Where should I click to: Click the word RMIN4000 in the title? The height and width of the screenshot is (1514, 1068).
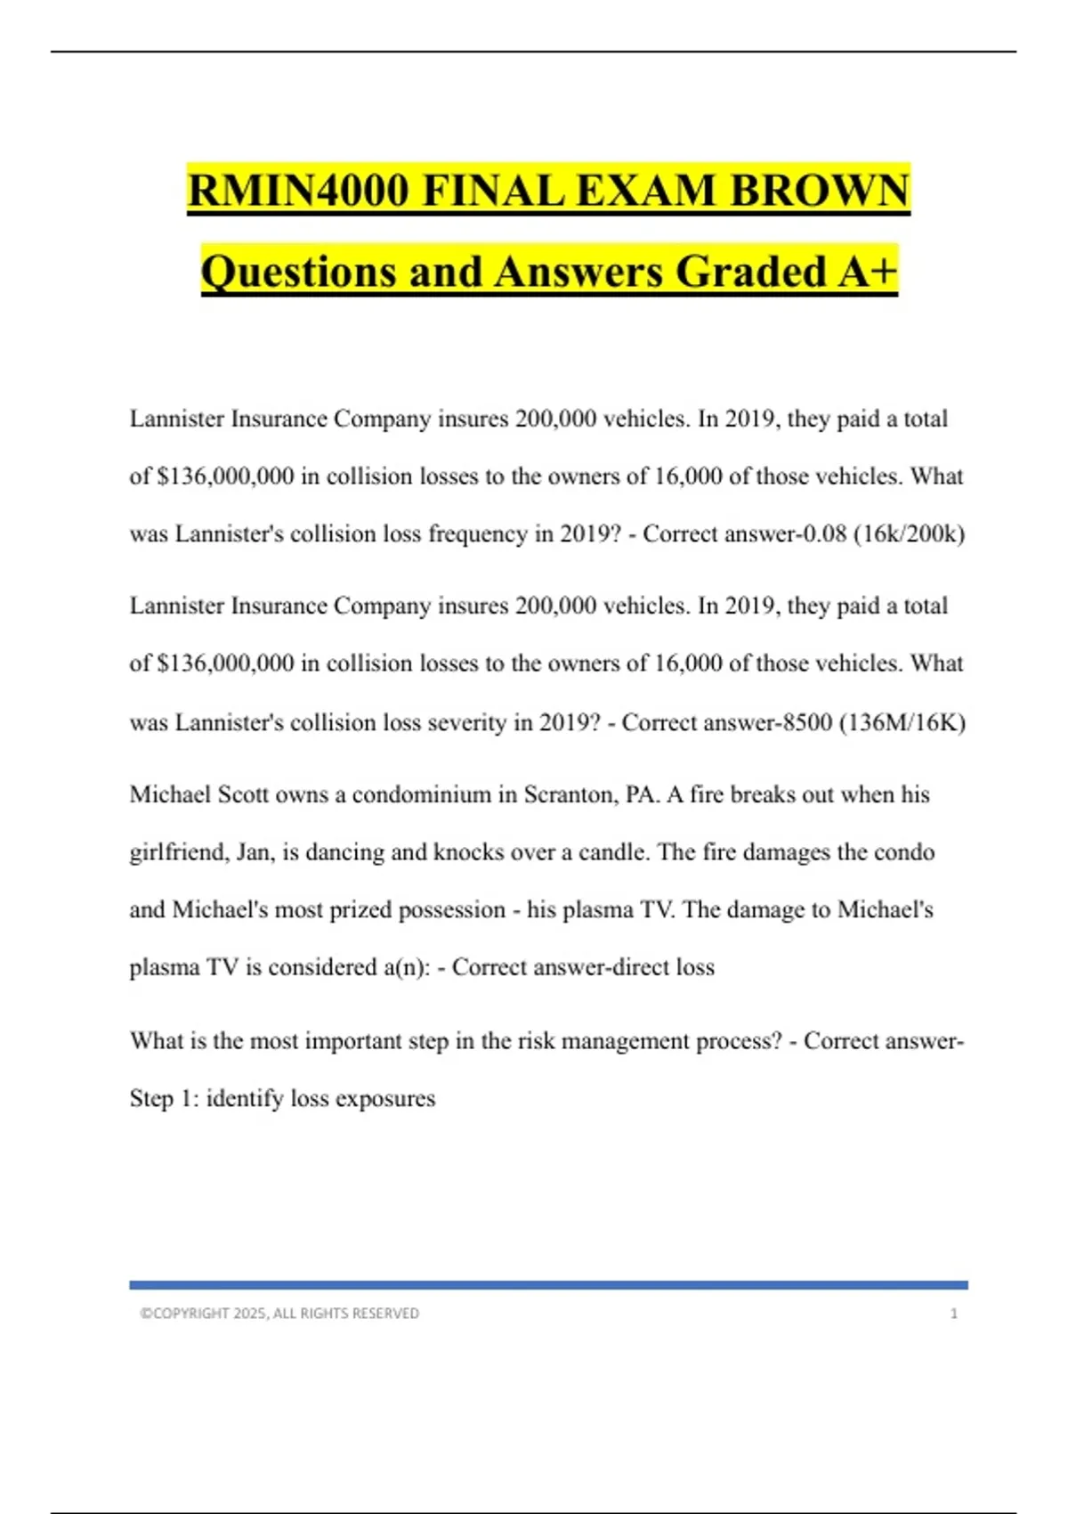[298, 191]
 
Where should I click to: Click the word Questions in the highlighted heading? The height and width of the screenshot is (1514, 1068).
[298, 272]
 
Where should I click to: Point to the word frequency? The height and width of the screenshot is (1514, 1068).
[477, 534]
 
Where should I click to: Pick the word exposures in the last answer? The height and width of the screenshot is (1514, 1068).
[385, 1099]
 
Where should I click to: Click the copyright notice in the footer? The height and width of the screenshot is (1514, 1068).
[279, 1314]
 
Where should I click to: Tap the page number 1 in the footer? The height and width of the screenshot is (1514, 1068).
[954, 1314]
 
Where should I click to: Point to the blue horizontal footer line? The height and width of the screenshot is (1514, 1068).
[548, 1285]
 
